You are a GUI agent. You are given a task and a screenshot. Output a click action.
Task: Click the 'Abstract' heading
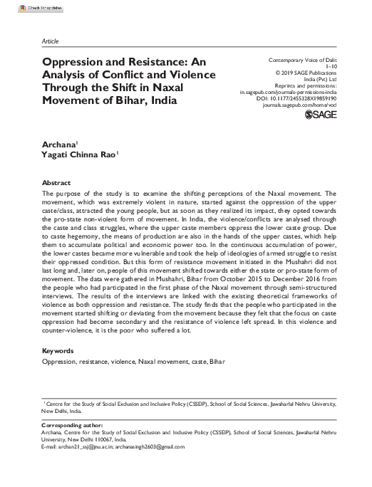point(56,183)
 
